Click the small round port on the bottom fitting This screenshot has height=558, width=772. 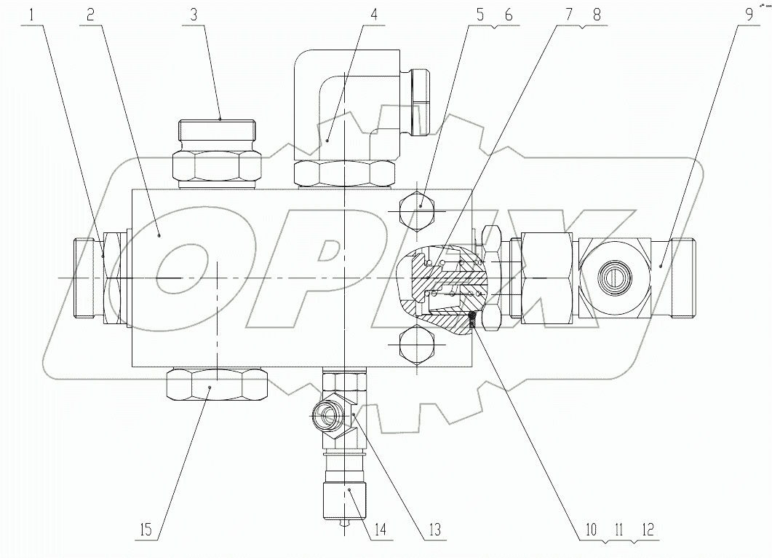(325, 418)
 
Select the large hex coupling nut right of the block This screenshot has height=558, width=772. (546, 278)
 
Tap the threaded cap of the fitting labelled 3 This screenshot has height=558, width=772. (217, 133)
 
